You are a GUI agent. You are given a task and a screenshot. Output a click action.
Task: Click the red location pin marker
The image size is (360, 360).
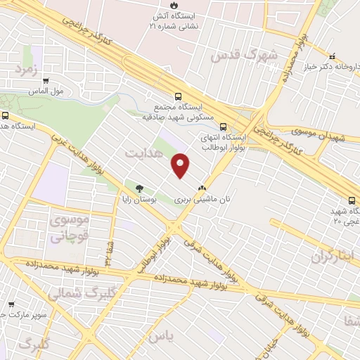(181, 165)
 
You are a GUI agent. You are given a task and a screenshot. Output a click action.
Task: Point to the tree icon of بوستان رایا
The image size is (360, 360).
(139, 188)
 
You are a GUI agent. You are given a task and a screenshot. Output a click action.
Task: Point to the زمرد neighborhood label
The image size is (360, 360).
(23, 70)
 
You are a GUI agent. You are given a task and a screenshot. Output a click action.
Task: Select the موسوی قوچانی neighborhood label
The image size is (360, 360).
(68, 228)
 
